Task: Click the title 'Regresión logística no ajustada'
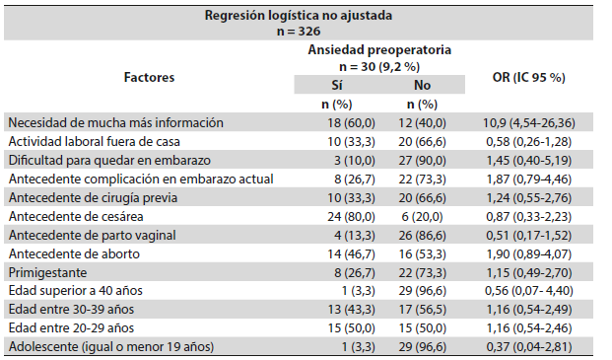click(299, 16)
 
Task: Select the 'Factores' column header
click(149, 77)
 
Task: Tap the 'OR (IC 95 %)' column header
click(529, 77)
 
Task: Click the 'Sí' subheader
click(337, 85)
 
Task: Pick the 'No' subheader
click(423, 85)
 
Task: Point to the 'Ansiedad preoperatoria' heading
click(379, 50)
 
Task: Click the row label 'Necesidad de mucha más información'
click(116, 123)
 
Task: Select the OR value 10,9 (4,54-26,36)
click(529, 123)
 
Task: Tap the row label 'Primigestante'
click(47, 272)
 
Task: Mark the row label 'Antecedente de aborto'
click(74, 253)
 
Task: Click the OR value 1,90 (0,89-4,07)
click(529, 253)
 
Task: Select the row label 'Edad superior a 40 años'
click(75, 291)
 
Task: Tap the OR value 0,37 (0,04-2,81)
click(529, 347)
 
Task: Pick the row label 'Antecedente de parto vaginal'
click(92, 235)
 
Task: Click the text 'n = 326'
click(299, 32)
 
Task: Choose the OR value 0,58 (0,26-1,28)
click(529, 141)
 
